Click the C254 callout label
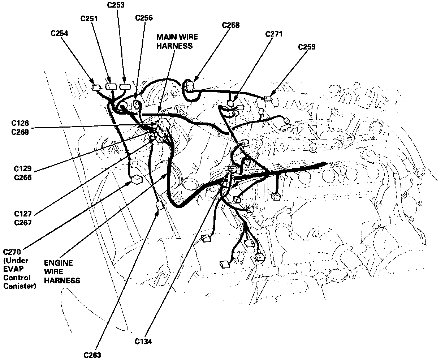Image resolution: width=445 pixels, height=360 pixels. [x=60, y=34]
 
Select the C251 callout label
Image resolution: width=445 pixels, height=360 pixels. [x=89, y=18]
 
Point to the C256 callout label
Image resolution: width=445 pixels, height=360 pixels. [x=144, y=18]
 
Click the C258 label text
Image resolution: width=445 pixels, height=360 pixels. [x=231, y=25]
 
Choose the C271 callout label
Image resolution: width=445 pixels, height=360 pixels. [x=274, y=34]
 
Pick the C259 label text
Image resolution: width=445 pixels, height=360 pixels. [x=307, y=47]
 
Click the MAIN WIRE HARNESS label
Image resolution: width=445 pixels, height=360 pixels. [x=177, y=41]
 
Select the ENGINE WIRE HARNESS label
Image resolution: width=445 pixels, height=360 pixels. [x=62, y=271]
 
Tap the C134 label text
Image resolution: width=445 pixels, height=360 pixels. [x=143, y=341]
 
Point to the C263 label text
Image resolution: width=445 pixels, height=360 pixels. [x=92, y=355]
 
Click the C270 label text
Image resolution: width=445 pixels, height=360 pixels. [x=12, y=252]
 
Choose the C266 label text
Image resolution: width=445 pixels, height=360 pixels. [x=23, y=177]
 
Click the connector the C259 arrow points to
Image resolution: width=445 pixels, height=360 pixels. [x=268, y=98]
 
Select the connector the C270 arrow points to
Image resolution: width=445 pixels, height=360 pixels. [x=137, y=179]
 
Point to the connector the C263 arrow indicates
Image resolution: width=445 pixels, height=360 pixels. [x=159, y=206]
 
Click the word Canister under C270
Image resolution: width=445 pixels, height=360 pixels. [x=20, y=286]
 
